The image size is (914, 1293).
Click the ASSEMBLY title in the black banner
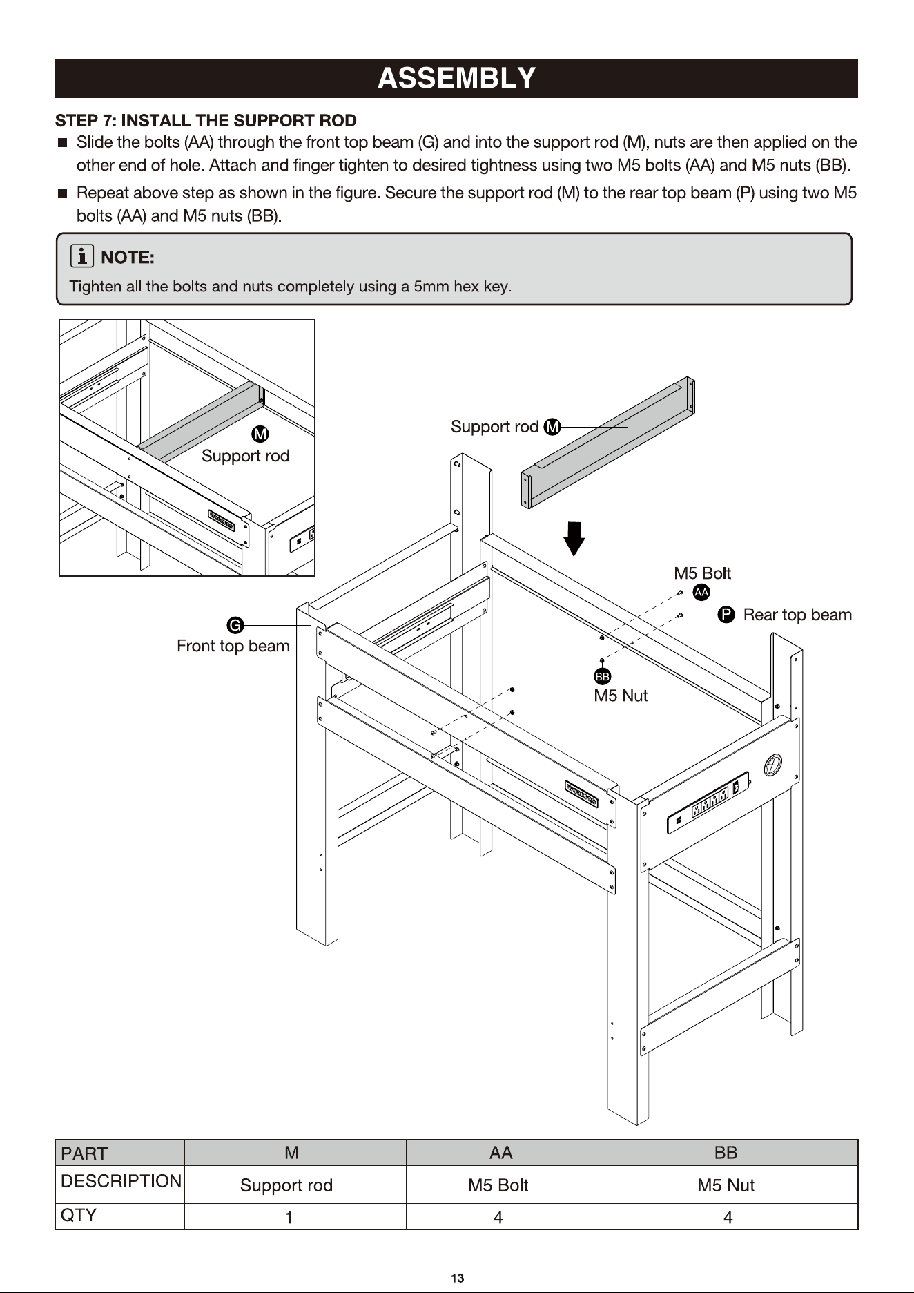click(456, 78)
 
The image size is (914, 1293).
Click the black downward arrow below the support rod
click(574, 539)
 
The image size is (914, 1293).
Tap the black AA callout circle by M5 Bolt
click(701, 592)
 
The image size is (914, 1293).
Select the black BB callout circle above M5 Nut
click(602, 677)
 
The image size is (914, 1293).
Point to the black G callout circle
click(235, 626)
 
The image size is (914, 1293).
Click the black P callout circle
click(726, 615)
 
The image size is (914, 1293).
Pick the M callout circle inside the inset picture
click(260, 434)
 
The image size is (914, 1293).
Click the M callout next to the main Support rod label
click(552, 427)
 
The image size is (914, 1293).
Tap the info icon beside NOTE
click(82, 257)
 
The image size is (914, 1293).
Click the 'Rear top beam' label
click(797, 615)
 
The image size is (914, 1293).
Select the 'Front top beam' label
click(233, 646)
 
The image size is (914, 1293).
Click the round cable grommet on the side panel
click(773, 765)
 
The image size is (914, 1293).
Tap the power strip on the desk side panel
click(708, 803)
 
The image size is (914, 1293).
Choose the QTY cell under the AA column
click(498, 1218)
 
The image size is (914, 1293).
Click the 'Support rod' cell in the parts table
click(286, 1185)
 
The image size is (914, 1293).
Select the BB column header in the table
click(726, 1153)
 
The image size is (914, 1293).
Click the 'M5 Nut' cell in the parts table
click(726, 1185)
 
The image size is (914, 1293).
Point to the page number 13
click(457, 1278)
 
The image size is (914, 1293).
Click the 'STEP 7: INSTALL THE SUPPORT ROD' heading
click(206, 121)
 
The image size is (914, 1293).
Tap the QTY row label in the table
click(79, 1216)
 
